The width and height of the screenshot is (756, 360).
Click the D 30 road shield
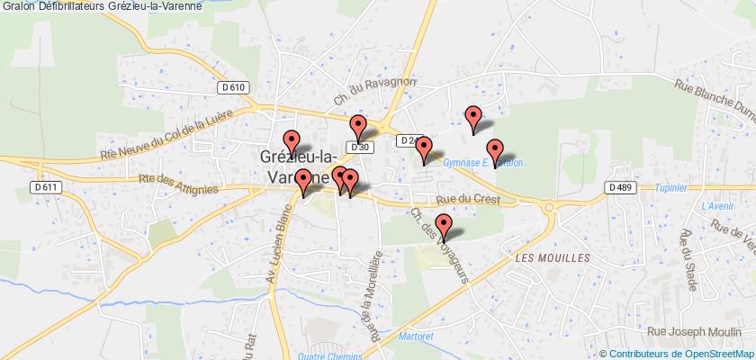[359, 147]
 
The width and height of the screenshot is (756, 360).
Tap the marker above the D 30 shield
[358, 127]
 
